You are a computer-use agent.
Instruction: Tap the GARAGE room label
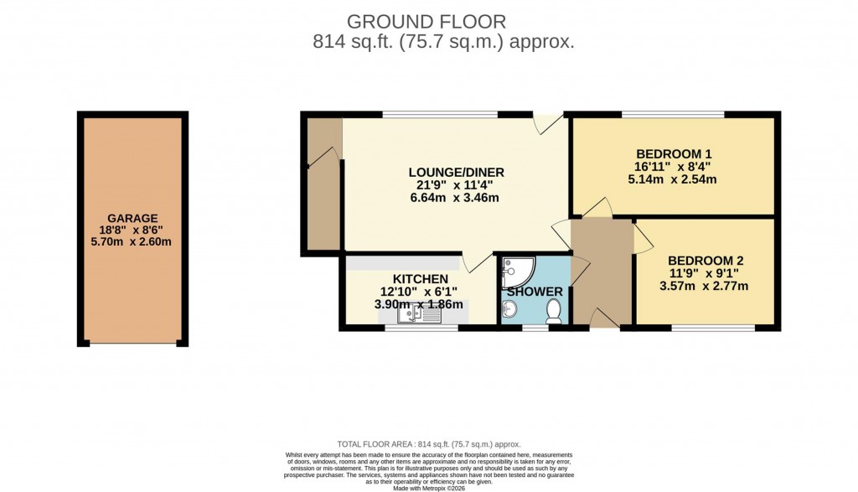[x=132, y=218]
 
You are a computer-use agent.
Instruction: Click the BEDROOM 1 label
[x=673, y=153]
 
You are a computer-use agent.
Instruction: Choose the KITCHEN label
[x=420, y=278]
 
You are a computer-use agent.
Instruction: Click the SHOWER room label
[x=535, y=292]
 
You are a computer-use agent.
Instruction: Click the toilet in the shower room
[x=553, y=312]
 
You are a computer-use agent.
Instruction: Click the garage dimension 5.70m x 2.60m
[x=132, y=243]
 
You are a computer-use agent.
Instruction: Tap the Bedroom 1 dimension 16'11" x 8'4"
[x=673, y=166]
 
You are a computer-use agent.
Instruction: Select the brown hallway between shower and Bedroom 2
[x=602, y=272]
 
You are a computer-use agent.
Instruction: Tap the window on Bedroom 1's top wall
[x=673, y=114]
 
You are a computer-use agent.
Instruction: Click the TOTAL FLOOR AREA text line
[x=428, y=444]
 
